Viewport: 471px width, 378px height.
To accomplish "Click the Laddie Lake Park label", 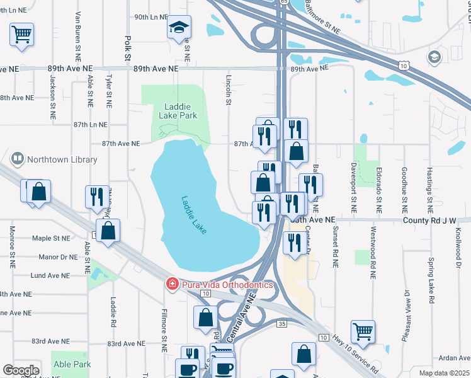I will click(x=181, y=111).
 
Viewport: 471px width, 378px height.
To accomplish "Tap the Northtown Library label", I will click(x=62, y=159).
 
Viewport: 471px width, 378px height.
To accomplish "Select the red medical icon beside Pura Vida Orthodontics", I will click(x=171, y=285).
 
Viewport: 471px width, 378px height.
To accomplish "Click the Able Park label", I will click(x=72, y=364).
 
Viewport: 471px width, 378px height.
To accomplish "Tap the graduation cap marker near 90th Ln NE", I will click(x=179, y=28).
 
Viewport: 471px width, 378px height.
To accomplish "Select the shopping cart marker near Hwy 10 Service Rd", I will click(x=363, y=330).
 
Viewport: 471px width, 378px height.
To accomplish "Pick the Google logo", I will click(x=21, y=370).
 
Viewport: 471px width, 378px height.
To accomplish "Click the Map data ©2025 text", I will click(x=444, y=373).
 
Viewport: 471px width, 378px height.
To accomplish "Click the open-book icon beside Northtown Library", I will click(x=18, y=159).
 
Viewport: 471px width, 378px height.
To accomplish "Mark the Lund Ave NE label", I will click(x=50, y=275).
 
